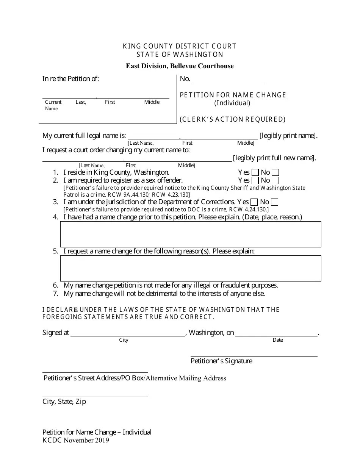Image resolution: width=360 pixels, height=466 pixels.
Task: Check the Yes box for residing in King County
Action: point(255,172)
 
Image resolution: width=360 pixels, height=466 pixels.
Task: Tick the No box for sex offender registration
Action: point(275,180)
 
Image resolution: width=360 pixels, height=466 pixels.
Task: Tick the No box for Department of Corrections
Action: point(275,202)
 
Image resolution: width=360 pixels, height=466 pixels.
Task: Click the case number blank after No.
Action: point(228,79)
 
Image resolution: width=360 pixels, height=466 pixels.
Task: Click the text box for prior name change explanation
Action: point(191,234)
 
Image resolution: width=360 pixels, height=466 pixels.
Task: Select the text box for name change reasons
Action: point(191,268)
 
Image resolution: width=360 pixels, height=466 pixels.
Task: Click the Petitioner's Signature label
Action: point(221,361)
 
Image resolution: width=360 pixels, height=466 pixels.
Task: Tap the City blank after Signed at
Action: point(128,333)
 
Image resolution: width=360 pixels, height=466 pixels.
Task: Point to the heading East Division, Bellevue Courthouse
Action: point(180,66)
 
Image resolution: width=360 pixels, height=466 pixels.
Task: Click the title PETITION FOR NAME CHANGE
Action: point(233,95)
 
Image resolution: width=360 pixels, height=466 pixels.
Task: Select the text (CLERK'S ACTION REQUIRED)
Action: point(232,119)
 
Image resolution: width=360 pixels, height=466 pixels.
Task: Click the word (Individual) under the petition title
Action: point(232,103)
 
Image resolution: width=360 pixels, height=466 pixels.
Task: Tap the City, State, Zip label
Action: point(64,402)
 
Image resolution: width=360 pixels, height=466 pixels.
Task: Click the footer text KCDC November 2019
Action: point(76,440)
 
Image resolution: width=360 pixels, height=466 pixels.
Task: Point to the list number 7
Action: point(55,294)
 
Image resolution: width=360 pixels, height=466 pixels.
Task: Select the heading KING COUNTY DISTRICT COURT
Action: point(180,46)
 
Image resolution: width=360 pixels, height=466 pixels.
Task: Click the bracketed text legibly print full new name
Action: point(274,158)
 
